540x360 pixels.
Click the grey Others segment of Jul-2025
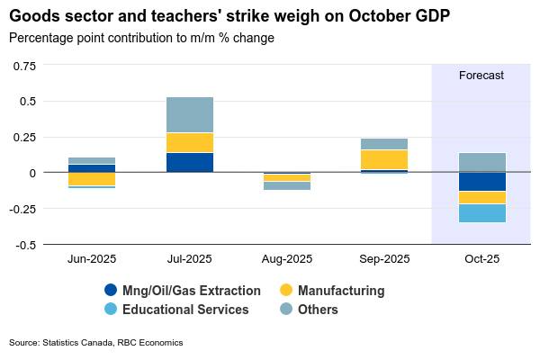[x=190, y=114]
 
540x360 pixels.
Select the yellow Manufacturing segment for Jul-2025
[x=190, y=142]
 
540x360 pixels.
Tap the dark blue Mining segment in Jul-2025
[x=190, y=162]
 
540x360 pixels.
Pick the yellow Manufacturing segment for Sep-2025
[x=384, y=159]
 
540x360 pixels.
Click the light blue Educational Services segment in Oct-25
[x=481, y=213]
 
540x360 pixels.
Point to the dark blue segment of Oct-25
[x=481, y=182]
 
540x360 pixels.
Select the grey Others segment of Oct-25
[x=481, y=162]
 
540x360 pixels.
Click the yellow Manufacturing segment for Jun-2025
[x=92, y=179]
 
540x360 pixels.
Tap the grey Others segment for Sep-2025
[x=384, y=144]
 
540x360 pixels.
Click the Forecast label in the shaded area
[x=481, y=76]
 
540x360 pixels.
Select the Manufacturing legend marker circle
[x=286, y=291]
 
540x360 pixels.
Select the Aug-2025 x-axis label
[x=287, y=259]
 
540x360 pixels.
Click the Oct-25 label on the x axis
[x=481, y=259]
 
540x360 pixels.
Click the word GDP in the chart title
[x=426, y=16]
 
